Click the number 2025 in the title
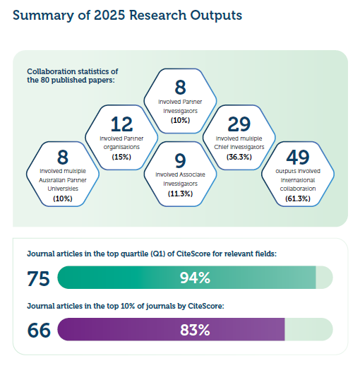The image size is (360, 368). click(109, 16)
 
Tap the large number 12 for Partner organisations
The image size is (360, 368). click(121, 124)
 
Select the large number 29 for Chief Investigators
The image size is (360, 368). click(239, 124)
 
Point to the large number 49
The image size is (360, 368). click(298, 157)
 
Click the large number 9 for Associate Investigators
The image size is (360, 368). click(180, 160)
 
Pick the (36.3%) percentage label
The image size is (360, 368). click(239, 157)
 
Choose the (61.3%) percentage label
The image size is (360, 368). click(298, 198)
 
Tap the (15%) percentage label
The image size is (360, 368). click(121, 157)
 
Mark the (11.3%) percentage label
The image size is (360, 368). click(180, 194)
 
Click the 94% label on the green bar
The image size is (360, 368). click(195, 278)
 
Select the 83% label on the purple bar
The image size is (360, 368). click(195, 330)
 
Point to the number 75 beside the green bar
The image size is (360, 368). click(38, 279)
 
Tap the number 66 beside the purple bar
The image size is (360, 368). click(39, 331)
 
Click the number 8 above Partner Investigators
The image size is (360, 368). click(180, 88)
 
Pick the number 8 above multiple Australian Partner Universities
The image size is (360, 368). click(63, 157)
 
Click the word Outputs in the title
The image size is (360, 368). click(216, 16)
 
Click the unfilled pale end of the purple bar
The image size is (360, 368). click(308, 329)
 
